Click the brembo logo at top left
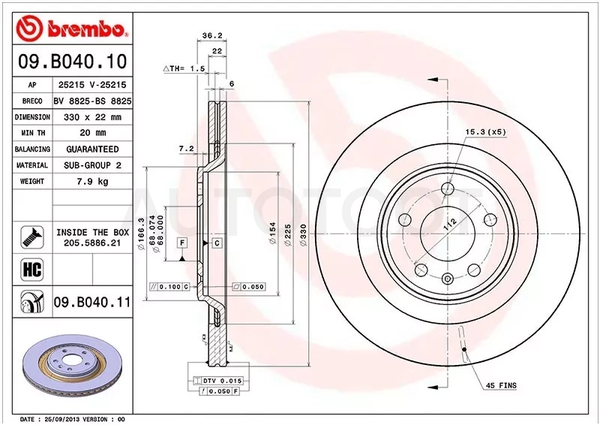[x=71, y=28]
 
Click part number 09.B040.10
[x=72, y=62]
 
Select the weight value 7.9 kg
[x=92, y=181]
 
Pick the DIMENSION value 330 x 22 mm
[x=92, y=117]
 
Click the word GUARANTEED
[x=92, y=149]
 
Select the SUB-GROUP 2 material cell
[x=92, y=165]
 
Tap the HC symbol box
[x=31, y=270]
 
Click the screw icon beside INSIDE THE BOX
[x=31, y=237]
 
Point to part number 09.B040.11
[x=91, y=303]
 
